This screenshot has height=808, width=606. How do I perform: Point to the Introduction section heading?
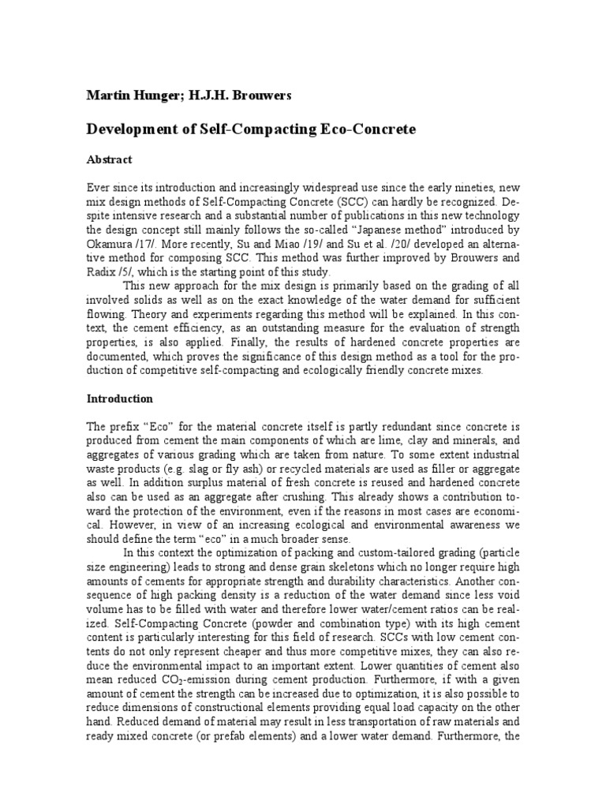pyautogui.click(x=120, y=398)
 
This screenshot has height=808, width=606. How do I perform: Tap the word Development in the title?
pyautogui.click(x=131, y=129)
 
